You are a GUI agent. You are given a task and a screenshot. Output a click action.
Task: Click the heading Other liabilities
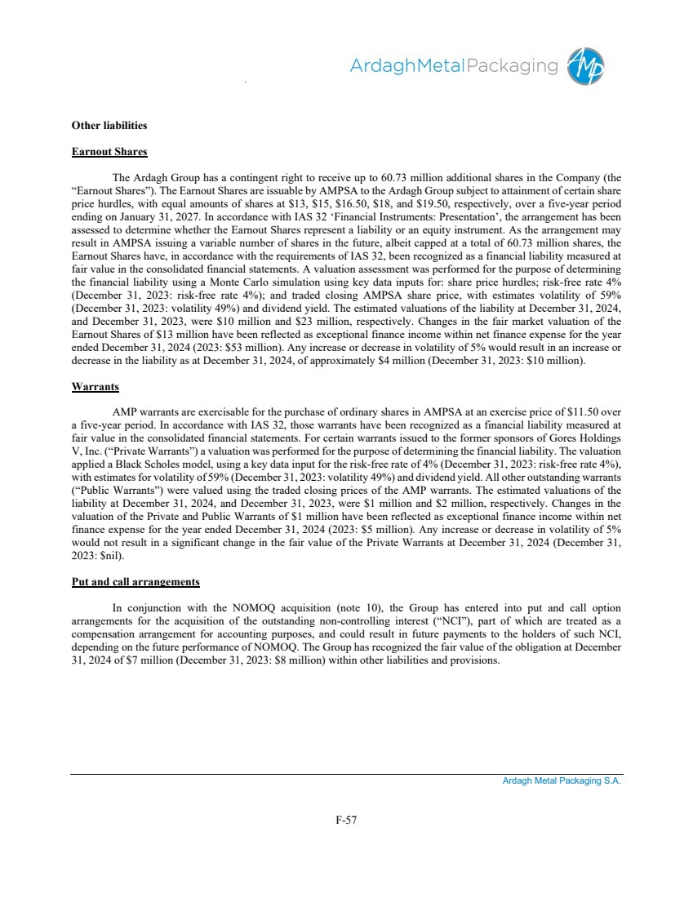click(x=109, y=126)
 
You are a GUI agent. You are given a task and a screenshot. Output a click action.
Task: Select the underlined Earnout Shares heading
click(x=108, y=152)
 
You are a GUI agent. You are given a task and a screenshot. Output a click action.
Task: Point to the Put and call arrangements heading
click(x=135, y=582)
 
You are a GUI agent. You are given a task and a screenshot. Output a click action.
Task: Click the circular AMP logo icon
click(x=588, y=65)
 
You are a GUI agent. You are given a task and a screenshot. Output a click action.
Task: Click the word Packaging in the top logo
click(x=511, y=66)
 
